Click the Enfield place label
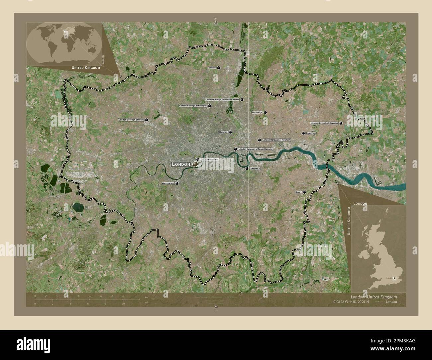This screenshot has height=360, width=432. pyautogui.click(x=212, y=68)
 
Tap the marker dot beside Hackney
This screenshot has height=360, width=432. pyautogui.click(x=230, y=132)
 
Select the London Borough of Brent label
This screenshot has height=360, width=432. pyautogui.click(x=131, y=120)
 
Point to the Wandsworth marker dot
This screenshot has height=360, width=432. pyautogui.click(x=177, y=183)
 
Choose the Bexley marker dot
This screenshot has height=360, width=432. pyautogui.click(x=304, y=192)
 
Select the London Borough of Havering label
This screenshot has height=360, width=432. pyautogui.click(x=324, y=123)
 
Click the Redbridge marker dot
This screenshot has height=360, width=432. pyautogui.click(x=265, y=113)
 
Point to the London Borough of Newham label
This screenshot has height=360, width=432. pyautogui.click(x=276, y=140)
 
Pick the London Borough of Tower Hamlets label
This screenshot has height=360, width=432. pyautogui.click(x=255, y=149)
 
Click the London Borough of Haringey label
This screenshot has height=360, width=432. pyautogui.click(x=193, y=106)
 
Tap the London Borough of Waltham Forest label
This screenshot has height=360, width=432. pyautogui.click(x=222, y=100)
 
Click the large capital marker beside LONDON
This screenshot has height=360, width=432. pyautogui.click(x=195, y=164)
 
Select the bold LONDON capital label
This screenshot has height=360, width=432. pyautogui.click(x=181, y=164)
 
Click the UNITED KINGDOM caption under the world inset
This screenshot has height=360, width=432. pyautogui.click(x=86, y=68)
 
